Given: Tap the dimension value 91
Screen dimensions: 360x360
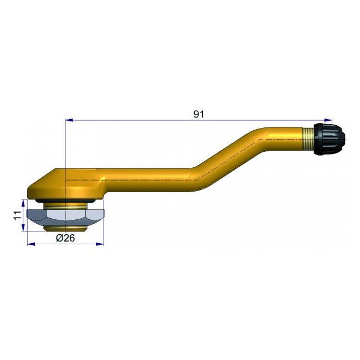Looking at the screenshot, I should (x=199, y=114).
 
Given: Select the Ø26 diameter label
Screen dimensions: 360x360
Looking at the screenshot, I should (x=66, y=238).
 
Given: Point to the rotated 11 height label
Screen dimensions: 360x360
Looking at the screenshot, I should (x=17, y=214).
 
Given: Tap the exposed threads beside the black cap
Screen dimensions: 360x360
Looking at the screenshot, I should (x=310, y=137).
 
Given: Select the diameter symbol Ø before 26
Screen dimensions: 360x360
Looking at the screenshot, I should (x=59, y=238).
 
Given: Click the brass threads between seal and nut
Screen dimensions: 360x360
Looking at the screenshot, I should (x=65, y=205).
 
